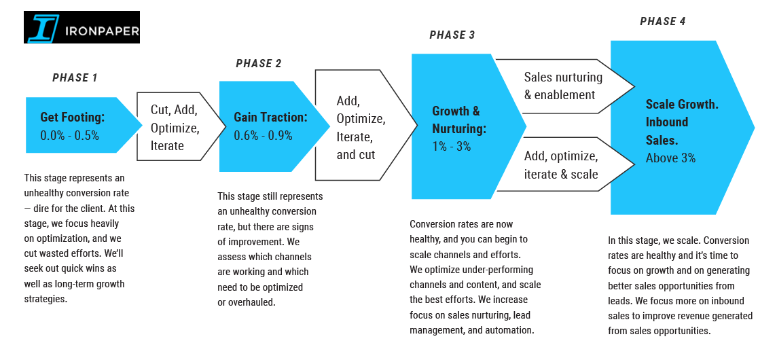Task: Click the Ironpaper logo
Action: click(x=82, y=27)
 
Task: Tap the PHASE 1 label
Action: click(x=75, y=78)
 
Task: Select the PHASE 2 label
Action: click(x=258, y=64)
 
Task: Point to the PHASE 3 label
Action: click(x=452, y=35)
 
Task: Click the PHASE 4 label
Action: click(x=663, y=22)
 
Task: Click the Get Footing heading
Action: click(x=73, y=118)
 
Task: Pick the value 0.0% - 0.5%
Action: click(x=69, y=135)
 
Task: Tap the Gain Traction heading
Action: click(x=270, y=118)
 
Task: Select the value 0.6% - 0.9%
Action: click(x=263, y=135)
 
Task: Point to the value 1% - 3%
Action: click(x=452, y=146)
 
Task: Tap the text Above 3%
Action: click(x=670, y=158)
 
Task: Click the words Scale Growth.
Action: click(x=682, y=105)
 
